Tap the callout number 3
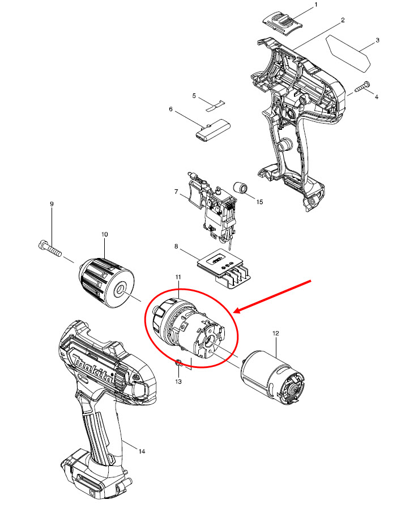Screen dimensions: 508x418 click(377, 41)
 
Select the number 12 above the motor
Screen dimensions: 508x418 click(276, 334)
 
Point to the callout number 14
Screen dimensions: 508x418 click(142, 451)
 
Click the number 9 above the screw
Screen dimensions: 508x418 click(52, 204)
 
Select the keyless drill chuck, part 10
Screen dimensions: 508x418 click(106, 281)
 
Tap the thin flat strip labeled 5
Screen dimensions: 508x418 click(215, 104)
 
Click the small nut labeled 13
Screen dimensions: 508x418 click(178, 363)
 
